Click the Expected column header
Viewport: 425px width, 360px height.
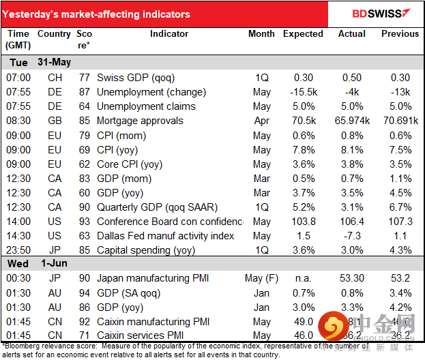(x=303, y=33)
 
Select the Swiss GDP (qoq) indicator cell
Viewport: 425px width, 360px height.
(x=141, y=78)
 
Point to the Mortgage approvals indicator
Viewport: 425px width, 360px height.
(x=140, y=121)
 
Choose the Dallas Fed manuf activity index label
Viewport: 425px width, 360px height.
(x=166, y=236)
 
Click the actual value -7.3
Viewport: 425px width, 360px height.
(x=351, y=236)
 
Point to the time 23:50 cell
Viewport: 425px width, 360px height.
(x=18, y=250)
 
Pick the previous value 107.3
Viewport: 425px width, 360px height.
(x=399, y=222)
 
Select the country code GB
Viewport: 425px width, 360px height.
(x=55, y=121)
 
